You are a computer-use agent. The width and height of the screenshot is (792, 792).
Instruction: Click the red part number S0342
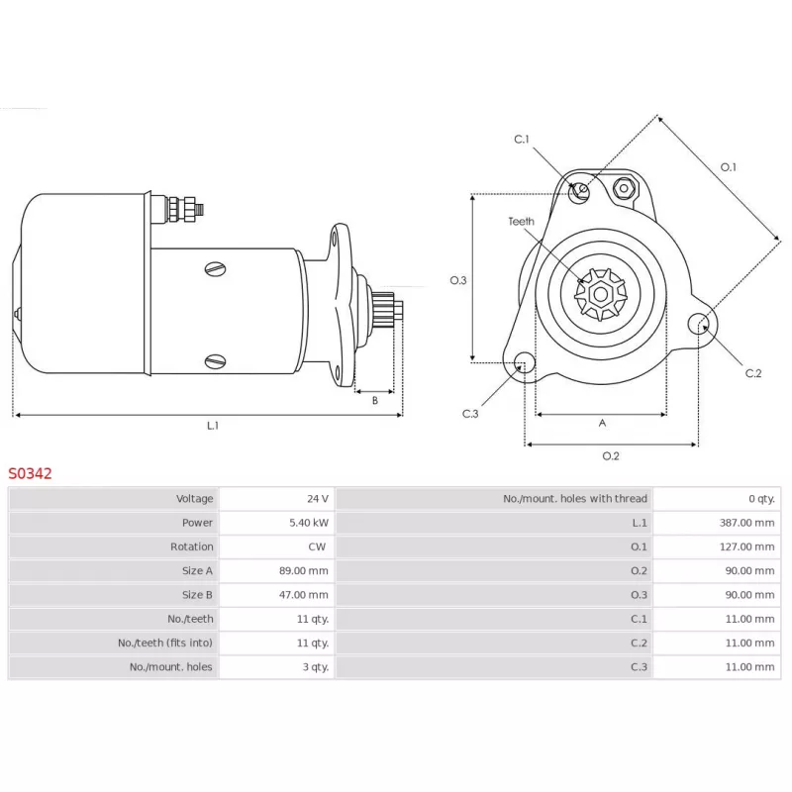pos(31,474)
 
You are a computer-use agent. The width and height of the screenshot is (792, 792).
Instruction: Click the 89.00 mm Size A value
pos(304,570)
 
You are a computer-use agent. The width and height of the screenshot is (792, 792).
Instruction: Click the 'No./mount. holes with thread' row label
pos(575,499)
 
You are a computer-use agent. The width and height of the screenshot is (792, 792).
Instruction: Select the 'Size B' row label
pos(197,595)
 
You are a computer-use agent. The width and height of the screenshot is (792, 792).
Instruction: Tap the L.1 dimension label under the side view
pos(212,426)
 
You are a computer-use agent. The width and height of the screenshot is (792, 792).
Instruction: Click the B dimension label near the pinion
pos(375,401)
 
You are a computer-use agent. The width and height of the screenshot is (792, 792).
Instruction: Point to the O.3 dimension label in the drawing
pos(457,280)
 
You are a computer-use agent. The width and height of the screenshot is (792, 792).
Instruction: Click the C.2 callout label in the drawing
pos(753,373)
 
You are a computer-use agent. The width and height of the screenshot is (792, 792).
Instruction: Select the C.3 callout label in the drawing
pos(470,414)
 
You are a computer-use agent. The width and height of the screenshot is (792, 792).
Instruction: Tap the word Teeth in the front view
pos(521,222)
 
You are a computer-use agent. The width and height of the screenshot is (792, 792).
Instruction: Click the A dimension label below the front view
pos(602,423)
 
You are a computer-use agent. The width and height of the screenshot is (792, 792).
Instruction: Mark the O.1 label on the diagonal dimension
pos(728,166)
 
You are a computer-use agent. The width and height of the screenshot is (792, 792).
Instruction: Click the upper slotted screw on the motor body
pos(216,267)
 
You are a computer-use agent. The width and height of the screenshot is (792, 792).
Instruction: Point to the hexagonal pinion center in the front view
pos(601,293)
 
